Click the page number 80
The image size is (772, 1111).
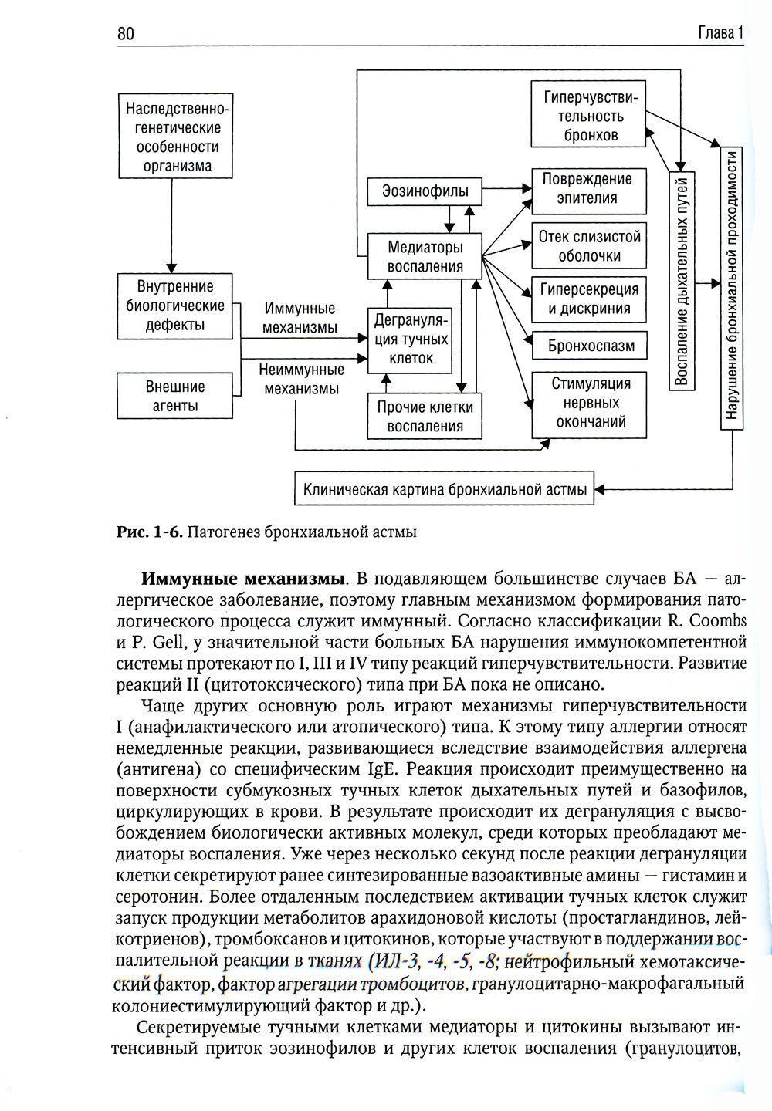[126, 33]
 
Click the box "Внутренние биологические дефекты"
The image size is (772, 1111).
[175, 306]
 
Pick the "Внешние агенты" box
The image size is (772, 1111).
[175, 396]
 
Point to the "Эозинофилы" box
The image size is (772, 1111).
[424, 191]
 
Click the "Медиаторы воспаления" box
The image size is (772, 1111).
[425, 258]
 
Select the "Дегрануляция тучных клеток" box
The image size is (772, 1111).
[409, 339]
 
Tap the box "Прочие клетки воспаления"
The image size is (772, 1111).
[425, 417]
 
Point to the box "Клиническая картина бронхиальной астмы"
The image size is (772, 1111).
[445, 489]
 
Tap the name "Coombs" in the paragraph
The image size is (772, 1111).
[713, 621]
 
